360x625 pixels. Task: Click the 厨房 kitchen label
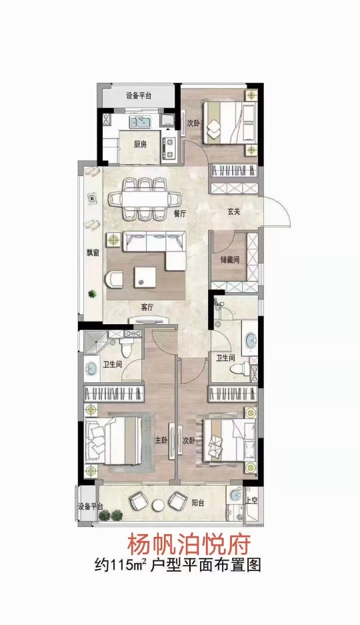tap(140, 145)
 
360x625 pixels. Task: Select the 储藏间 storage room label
tap(230, 260)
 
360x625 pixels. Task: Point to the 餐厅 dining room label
tap(180, 213)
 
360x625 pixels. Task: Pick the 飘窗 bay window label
tap(93, 253)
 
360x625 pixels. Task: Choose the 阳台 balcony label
tap(198, 503)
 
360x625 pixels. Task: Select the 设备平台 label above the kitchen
tap(139, 95)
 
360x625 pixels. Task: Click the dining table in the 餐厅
tap(144, 199)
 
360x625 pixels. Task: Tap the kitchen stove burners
tap(169, 147)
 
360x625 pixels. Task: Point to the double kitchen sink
tap(139, 121)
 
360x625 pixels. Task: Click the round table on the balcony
tap(159, 505)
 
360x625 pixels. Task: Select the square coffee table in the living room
tap(145, 277)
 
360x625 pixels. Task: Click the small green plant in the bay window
tap(93, 294)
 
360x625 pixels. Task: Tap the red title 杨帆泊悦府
tap(189, 544)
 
